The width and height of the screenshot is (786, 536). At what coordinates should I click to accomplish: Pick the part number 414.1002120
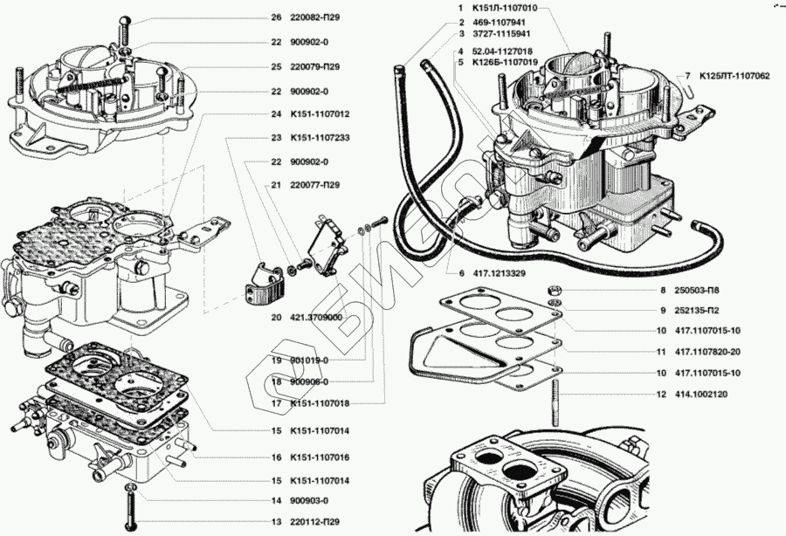[x=701, y=395]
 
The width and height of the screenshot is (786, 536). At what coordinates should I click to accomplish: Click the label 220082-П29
[x=315, y=17]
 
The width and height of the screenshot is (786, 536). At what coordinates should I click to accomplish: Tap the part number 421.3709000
[x=317, y=318]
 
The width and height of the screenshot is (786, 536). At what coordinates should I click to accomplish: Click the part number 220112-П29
[x=316, y=522]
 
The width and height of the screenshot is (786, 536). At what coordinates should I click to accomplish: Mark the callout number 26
[x=276, y=17]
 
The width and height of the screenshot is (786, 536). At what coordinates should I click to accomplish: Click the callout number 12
[x=662, y=395]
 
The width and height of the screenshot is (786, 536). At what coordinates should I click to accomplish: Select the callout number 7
[x=687, y=76]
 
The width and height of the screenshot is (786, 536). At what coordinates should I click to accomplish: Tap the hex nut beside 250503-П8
[x=555, y=289]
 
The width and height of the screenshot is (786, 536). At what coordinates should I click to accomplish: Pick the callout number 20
[x=276, y=318]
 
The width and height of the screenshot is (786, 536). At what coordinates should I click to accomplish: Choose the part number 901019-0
[x=311, y=361]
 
